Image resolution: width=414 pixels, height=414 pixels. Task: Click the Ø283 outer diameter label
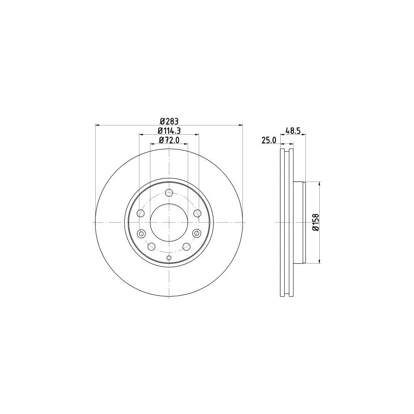[x=169, y=121]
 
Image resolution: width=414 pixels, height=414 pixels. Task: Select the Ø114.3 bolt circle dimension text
[x=169, y=131]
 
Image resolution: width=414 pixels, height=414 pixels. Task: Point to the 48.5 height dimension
[x=293, y=131]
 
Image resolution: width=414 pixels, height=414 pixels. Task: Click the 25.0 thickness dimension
[x=268, y=140]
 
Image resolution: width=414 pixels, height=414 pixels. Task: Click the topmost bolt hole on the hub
[x=169, y=193]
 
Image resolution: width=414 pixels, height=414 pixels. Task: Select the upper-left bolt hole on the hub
[x=141, y=213]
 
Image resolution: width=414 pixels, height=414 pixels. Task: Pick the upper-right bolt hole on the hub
[x=197, y=213]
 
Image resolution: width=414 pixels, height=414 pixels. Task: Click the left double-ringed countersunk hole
[x=141, y=233]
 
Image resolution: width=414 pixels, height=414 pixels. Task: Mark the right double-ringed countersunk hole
[x=197, y=233]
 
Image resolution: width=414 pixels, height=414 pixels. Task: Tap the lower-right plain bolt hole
[x=187, y=247]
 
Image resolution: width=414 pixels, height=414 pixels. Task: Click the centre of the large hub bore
[x=169, y=222]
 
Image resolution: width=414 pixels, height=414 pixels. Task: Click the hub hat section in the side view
[x=299, y=222]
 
